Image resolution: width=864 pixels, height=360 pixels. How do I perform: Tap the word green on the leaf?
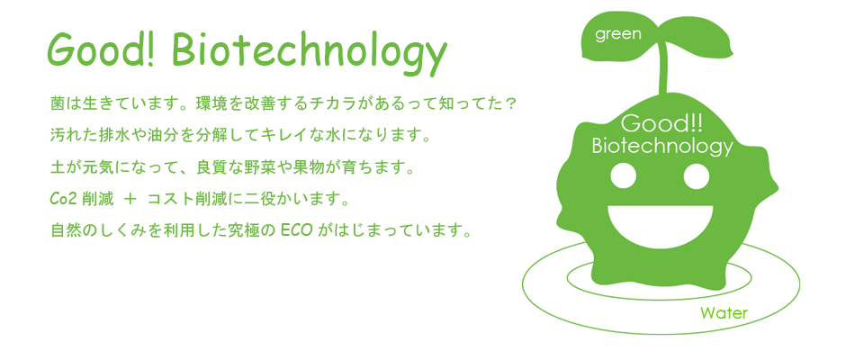click(x=618, y=35)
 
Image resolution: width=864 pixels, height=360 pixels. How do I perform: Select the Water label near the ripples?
click(x=724, y=314)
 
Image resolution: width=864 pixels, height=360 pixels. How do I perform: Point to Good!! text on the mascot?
click(x=661, y=124)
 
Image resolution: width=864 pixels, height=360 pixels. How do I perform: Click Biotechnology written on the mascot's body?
click(x=661, y=148)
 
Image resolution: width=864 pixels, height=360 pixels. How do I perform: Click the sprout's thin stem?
click(x=665, y=72)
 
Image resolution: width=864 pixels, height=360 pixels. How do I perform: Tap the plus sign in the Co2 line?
click(x=130, y=199)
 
